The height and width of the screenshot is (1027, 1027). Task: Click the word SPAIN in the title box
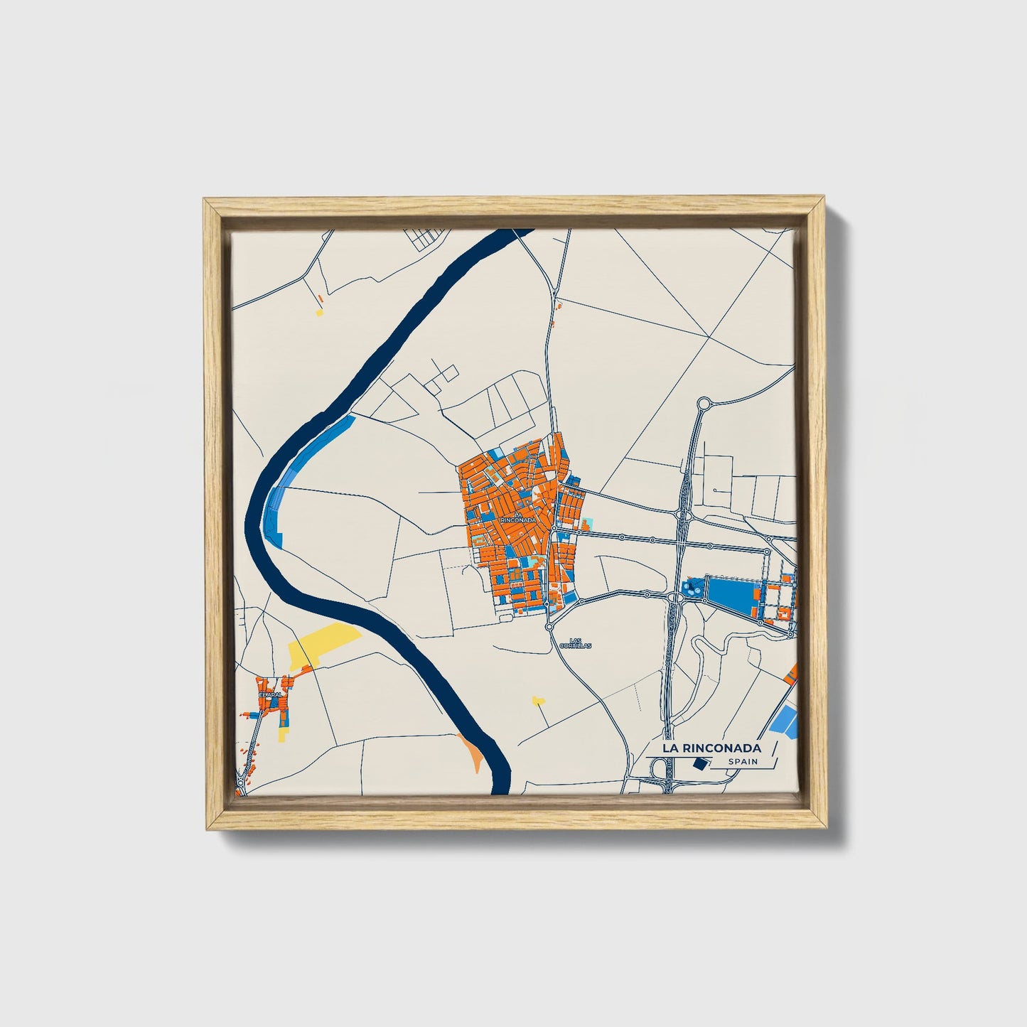coord(742,762)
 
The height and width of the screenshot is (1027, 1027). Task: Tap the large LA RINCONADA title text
coord(711,748)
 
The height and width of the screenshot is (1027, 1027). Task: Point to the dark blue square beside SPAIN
coord(700,763)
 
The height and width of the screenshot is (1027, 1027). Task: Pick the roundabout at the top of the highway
coord(704,404)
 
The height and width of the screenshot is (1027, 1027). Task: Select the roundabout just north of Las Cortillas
coord(550,626)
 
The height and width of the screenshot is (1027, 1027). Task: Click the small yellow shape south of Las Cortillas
coord(538,701)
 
